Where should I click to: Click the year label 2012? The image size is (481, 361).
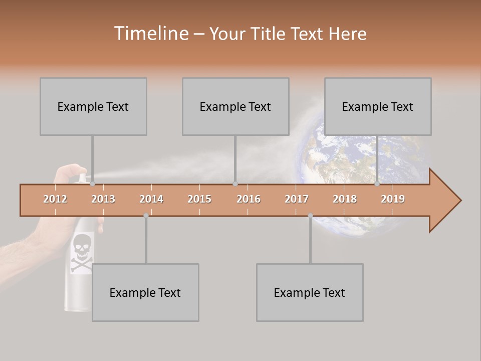(55, 199)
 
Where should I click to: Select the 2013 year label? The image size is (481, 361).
(103, 199)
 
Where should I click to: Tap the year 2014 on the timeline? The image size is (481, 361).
(151, 199)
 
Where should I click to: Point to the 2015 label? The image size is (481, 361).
(199, 199)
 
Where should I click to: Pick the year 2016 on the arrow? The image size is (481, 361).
(249, 199)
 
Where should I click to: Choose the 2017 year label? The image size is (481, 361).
(297, 199)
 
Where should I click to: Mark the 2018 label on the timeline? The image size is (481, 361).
(345, 199)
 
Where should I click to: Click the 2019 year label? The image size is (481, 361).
(393, 199)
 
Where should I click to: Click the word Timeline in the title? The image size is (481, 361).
(151, 34)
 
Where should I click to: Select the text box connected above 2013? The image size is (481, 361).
(93, 106)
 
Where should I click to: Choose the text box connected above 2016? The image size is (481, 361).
(235, 106)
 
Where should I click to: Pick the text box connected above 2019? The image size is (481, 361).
(378, 106)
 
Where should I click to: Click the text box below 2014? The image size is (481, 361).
(145, 292)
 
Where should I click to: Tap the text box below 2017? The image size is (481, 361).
(310, 292)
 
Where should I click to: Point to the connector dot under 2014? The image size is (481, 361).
(146, 216)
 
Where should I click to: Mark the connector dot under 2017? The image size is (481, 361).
(310, 216)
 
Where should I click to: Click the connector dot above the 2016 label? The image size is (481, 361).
(235, 184)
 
